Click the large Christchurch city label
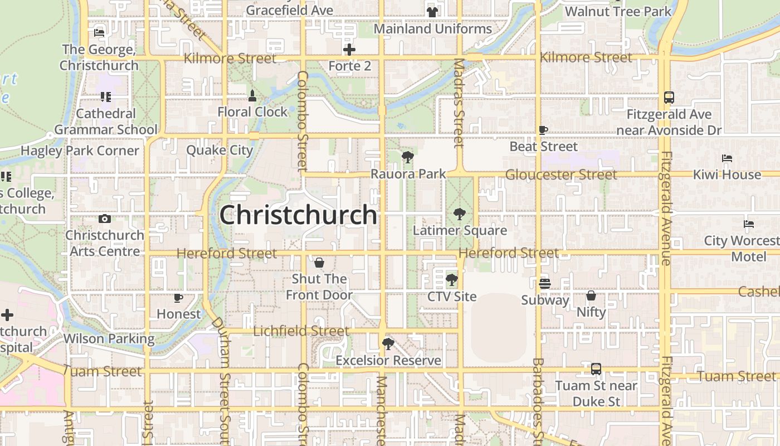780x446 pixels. [298, 215]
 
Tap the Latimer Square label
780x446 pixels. [460, 230]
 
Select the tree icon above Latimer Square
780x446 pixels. [460, 214]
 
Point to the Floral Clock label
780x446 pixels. [252, 111]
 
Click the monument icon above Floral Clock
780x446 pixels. [252, 96]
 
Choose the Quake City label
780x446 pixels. [220, 150]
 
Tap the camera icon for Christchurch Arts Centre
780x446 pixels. [104, 219]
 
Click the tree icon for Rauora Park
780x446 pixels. [408, 158]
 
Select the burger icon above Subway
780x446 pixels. [544, 284]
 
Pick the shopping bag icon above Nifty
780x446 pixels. [591, 295]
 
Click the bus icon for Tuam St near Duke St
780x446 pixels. [596, 369]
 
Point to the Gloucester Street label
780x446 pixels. [560, 174]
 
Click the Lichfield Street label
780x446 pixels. [301, 331]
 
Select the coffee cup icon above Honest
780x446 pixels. [178, 298]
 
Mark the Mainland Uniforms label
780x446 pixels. [432, 28]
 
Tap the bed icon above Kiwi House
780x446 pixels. [727, 159]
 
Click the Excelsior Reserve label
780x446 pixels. [388, 361]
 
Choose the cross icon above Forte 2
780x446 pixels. [349, 50]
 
